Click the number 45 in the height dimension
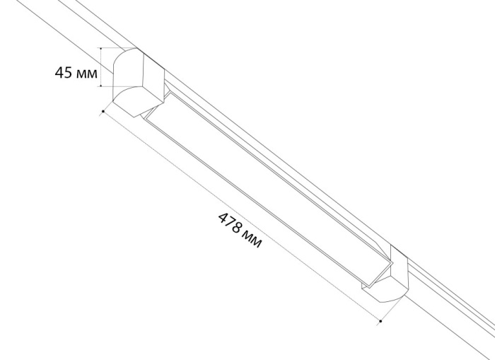[x=64, y=73]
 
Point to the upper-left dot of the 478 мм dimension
[x=104, y=111]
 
